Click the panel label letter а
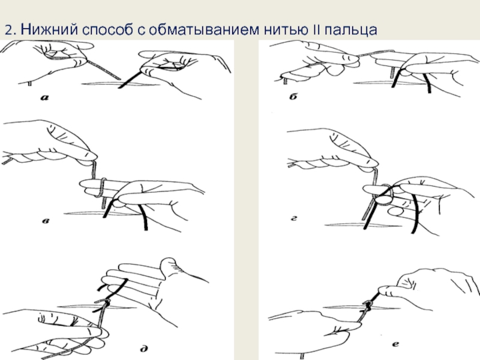pyautogui.click(x=44, y=98)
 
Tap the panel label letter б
pyautogui.click(x=293, y=97)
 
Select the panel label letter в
pyautogui.click(x=46, y=220)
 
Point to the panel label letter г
pyautogui.click(x=294, y=218)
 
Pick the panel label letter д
pyautogui.click(x=144, y=348)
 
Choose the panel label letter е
pyautogui.click(x=395, y=344)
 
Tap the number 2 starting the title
pyautogui.click(x=8, y=30)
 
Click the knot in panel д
pyautogui.click(x=106, y=303)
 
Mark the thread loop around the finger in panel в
pyautogui.click(x=102, y=187)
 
